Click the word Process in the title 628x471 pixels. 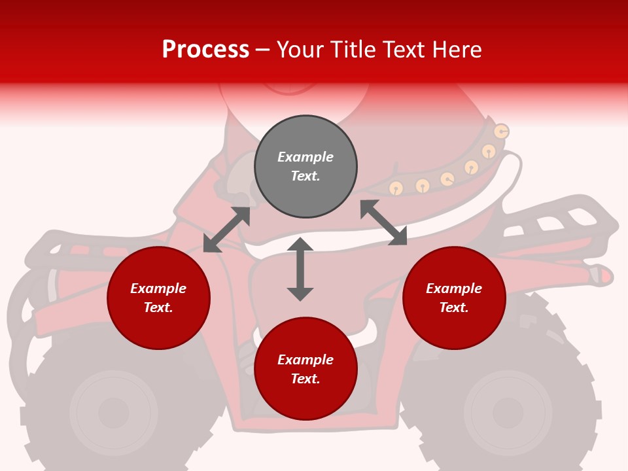coord(205,50)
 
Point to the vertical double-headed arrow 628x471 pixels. coord(300,269)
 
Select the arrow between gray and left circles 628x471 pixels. coord(226,230)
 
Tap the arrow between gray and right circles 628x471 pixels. coord(383,222)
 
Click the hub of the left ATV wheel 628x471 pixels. coord(114,413)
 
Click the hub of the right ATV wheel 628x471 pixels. coord(508,413)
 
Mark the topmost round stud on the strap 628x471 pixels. coord(500,131)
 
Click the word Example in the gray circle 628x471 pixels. coord(305,157)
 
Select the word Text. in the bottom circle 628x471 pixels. coord(305,379)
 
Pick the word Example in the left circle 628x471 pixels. coord(158,288)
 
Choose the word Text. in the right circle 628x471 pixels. coord(454,307)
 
